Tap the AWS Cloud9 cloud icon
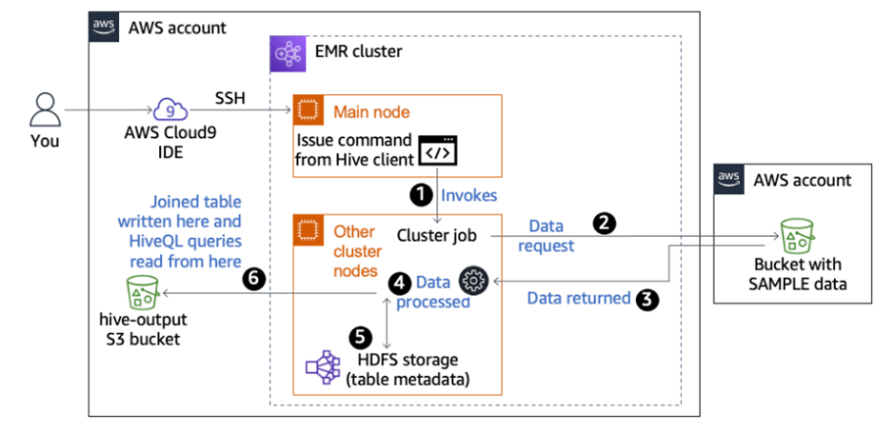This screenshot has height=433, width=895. tap(168, 111)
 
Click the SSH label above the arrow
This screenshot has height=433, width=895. tap(234, 98)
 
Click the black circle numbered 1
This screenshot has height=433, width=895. tap(419, 194)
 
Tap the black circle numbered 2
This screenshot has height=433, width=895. tap(603, 225)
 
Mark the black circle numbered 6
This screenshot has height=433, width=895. tap(252, 278)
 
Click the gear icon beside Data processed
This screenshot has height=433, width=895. tap(473, 281)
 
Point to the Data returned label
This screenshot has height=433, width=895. tap(578, 298)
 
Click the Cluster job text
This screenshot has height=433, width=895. tap(436, 235)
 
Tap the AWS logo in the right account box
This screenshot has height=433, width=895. tap(729, 179)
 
